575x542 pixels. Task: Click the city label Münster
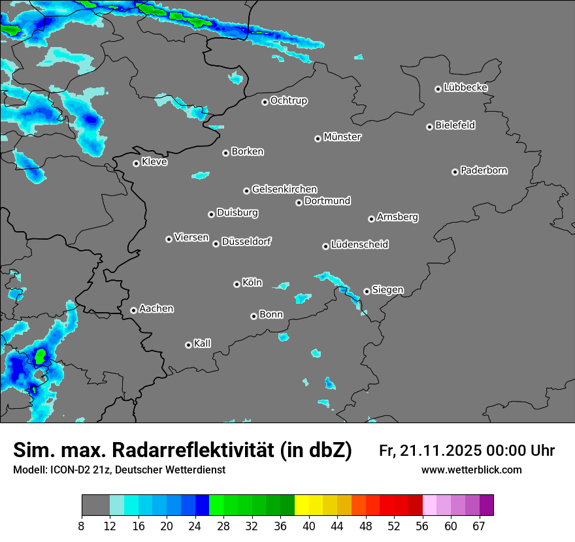click(x=342, y=137)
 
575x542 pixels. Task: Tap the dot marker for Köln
click(x=237, y=284)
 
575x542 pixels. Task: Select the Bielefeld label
click(x=455, y=125)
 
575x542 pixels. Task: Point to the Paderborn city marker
click(x=455, y=172)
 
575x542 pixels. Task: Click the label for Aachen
click(x=156, y=309)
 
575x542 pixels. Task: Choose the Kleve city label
click(x=154, y=162)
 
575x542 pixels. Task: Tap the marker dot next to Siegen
click(x=367, y=291)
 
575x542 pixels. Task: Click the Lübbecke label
click(x=465, y=88)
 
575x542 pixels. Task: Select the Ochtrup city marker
click(x=265, y=102)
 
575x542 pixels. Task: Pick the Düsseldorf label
click(x=246, y=242)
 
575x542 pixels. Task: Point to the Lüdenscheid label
click(x=359, y=245)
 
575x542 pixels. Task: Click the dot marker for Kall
click(x=188, y=345)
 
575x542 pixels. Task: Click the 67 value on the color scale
click(x=479, y=526)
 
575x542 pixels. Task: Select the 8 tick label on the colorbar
click(x=82, y=526)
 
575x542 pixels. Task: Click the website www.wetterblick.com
click(x=472, y=470)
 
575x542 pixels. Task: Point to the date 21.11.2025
click(x=442, y=451)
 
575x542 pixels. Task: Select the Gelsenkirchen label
click(x=284, y=189)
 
